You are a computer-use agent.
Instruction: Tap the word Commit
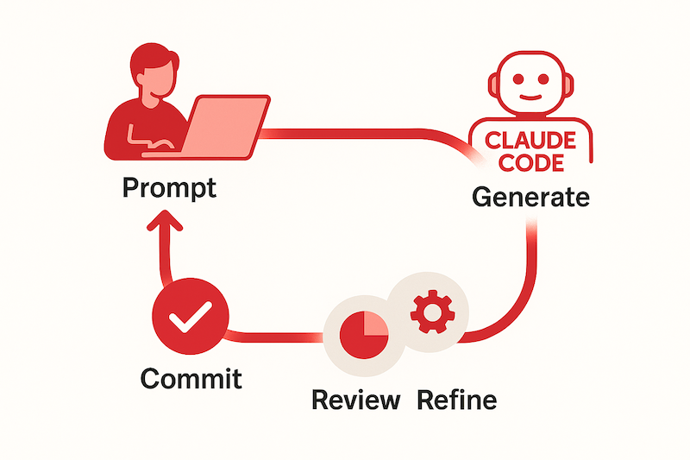(x=191, y=378)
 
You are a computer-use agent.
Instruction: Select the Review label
(x=355, y=400)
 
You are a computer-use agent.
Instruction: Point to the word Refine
(x=457, y=400)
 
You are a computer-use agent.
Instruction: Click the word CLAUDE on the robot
(x=531, y=140)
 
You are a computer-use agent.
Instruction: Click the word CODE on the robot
(x=531, y=162)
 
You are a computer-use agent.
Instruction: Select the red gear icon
(x=427, y=313)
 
